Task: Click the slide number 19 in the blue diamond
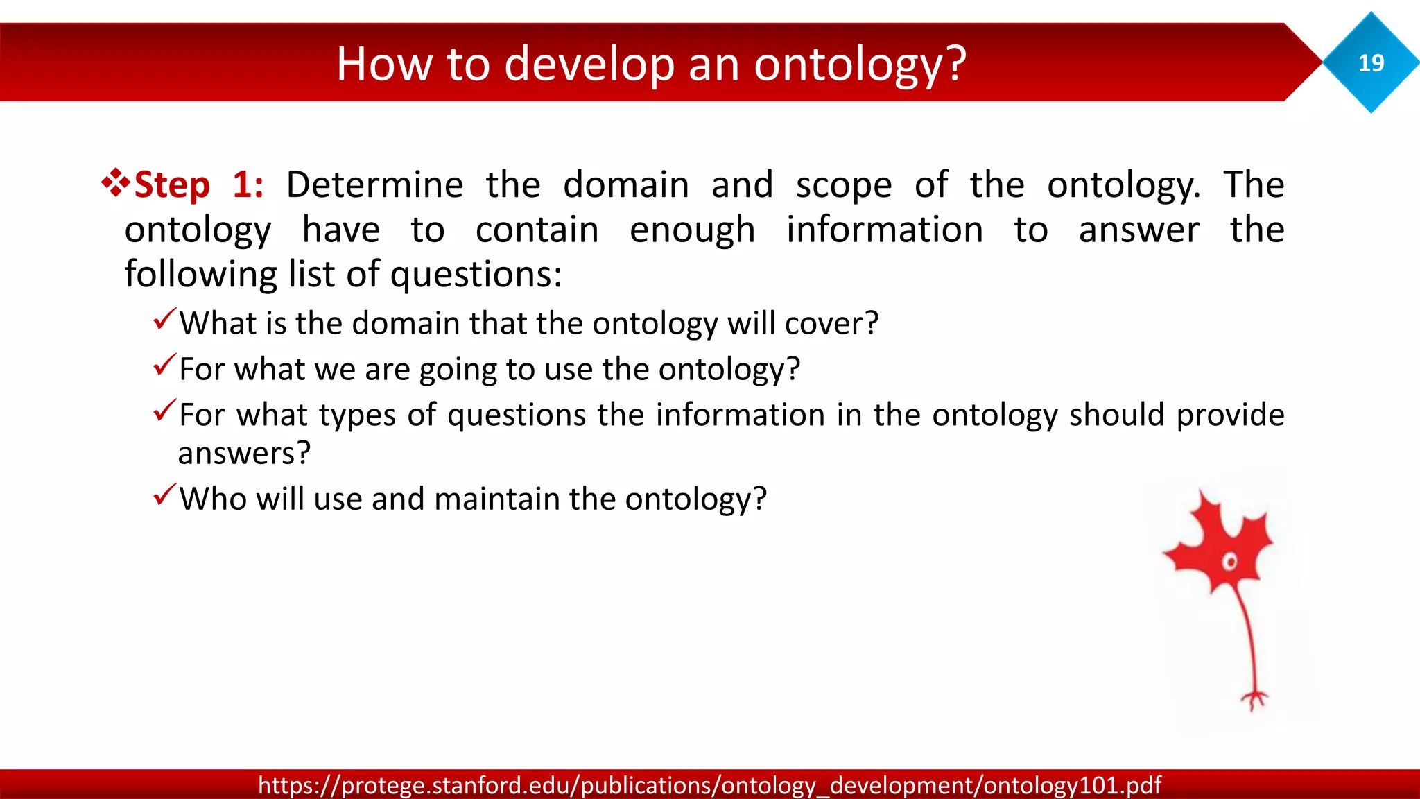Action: [1371, 63]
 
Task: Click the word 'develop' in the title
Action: [589, 64]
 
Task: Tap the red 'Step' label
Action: [172, 186]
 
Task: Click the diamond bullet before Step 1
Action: [115, 183]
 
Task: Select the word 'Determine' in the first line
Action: [374, 185]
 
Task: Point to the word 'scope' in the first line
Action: [843, 186]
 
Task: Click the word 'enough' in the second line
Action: [692, 230]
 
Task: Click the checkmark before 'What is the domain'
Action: [165, 319]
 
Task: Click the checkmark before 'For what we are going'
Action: [165, 365]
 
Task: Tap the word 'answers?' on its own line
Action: [244, 454]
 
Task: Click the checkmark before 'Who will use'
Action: [165, 495]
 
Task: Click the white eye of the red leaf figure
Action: [1229, 561]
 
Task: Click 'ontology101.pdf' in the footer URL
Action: [1072, 785]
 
